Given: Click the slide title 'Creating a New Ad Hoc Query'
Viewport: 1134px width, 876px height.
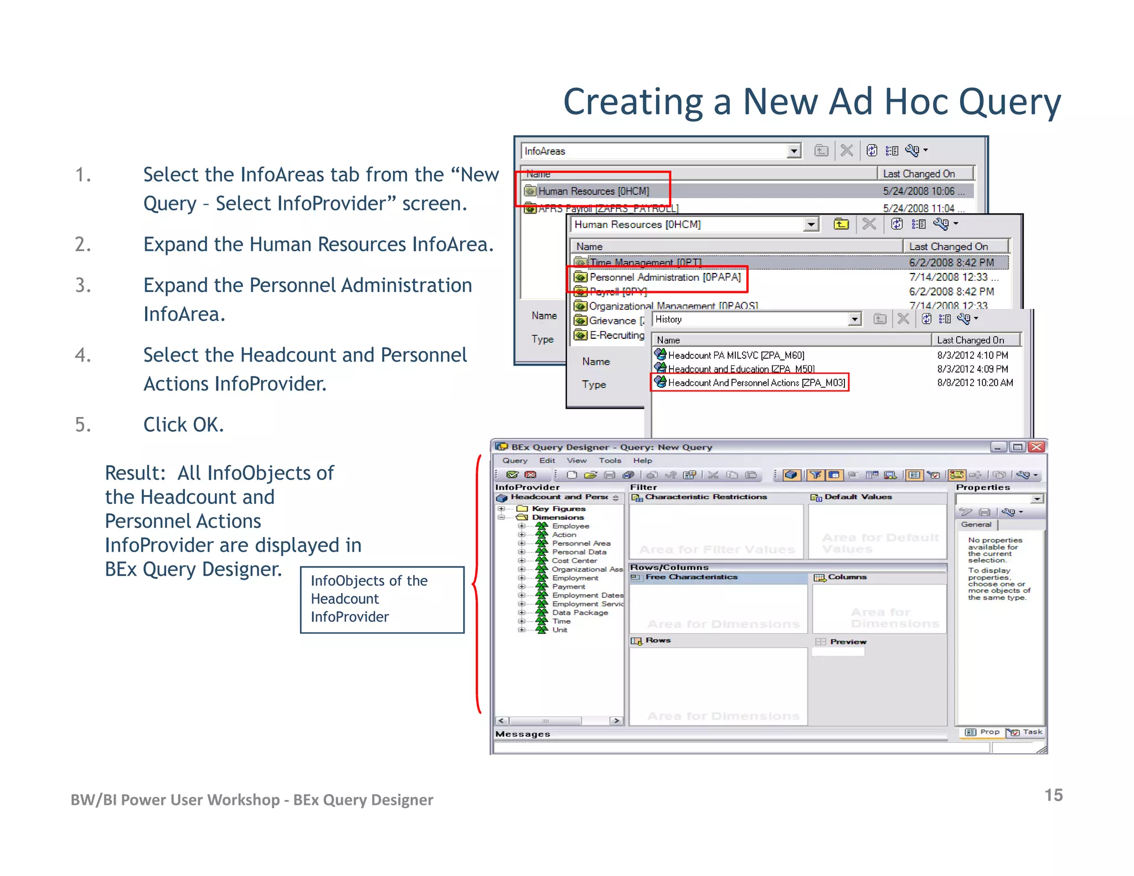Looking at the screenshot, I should pos(811,102).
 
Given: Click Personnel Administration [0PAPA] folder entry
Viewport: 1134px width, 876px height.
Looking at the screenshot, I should pos(664,277).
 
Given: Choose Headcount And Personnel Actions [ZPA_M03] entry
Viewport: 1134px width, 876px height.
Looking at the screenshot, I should pos(756,383).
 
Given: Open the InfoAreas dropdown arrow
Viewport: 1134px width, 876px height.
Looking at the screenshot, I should pos(794,151).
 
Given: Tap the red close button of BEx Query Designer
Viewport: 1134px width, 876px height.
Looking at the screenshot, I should pos(1037,447).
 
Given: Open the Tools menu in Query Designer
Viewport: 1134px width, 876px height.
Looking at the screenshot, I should pos(610,461).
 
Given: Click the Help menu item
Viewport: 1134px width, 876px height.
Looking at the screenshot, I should pos(642,461).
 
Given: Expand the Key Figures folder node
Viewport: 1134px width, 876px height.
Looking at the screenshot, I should pos(502,508).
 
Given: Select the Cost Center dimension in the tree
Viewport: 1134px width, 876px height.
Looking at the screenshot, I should pos(574,560).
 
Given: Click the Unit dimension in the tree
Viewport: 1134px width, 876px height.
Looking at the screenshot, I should pos(559,630).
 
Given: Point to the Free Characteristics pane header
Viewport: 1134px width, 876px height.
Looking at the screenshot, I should pos(691,577).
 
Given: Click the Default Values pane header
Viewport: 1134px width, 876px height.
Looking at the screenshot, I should pos(858,497).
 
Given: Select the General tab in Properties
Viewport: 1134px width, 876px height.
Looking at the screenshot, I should pos(976,524).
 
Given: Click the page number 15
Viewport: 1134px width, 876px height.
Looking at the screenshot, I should pos(1053,795).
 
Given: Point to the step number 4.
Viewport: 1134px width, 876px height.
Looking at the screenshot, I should pos(83,355).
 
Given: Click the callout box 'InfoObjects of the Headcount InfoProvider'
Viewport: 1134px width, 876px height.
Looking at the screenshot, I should pos(382,599).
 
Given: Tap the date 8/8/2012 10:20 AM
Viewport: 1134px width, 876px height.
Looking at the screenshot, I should pos(975,383).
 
